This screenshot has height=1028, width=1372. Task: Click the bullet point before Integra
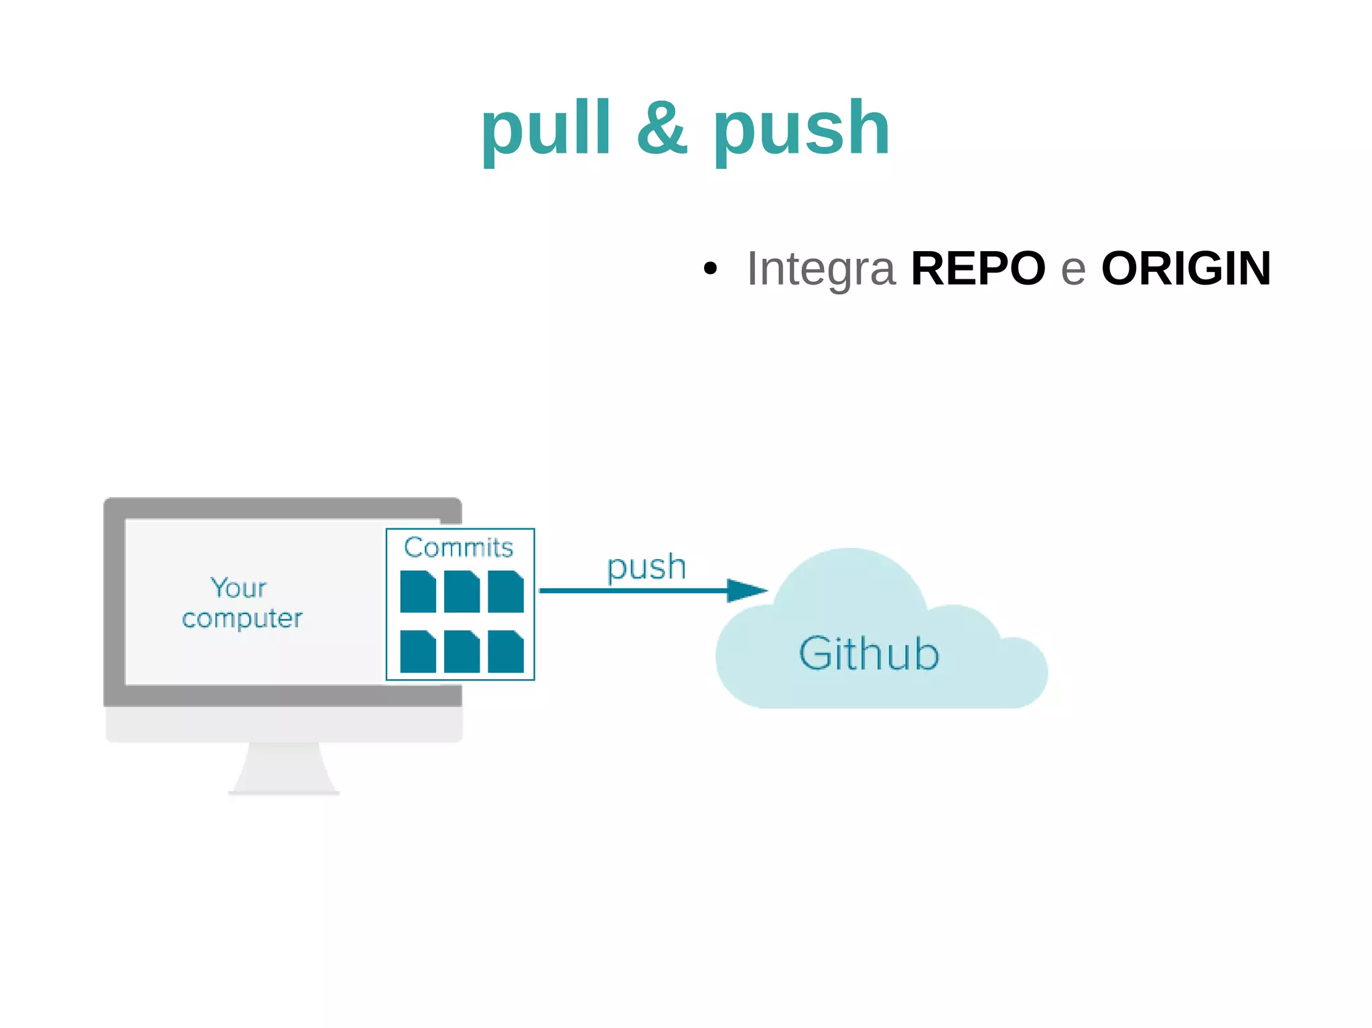(710, 269)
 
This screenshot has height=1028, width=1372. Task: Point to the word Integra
(821, 269)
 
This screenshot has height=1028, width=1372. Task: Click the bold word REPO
(977, 269)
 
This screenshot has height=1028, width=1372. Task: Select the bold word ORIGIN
(1186, 269)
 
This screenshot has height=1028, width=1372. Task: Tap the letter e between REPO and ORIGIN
(1073, 270)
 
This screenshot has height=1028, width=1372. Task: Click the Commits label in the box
(459, 547)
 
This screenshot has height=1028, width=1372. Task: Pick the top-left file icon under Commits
(417, 592)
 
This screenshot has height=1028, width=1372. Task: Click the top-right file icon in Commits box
(505, 592)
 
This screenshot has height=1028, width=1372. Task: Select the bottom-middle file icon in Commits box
(462, 652)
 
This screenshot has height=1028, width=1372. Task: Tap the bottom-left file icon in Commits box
(417, 652)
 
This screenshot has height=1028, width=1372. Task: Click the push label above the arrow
(646, 567)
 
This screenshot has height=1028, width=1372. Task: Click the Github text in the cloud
(869, 654)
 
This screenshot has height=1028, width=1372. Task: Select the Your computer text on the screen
(242, 603)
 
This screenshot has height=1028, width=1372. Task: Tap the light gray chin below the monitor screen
(283, 724)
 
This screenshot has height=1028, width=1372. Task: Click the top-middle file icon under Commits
(462, 592)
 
